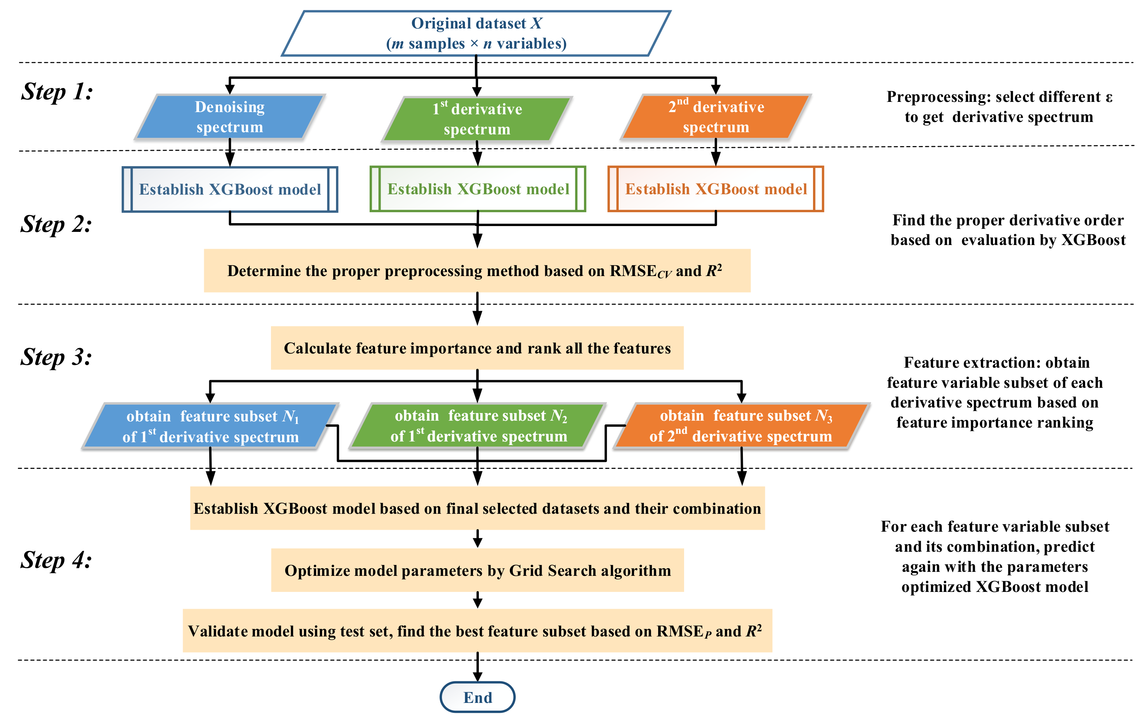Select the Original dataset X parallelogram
(x=476, y=33)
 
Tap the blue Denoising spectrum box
(x=230, y=116)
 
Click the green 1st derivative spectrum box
(x=477, y=118)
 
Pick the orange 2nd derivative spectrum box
(x=716, y=116)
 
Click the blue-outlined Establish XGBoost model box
(x=230, y=189)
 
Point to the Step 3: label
(x=56, y=356)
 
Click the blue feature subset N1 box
(x=210, y=426)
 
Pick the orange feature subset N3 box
(x=741, y=425)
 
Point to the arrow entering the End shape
(x=478, y=668)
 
